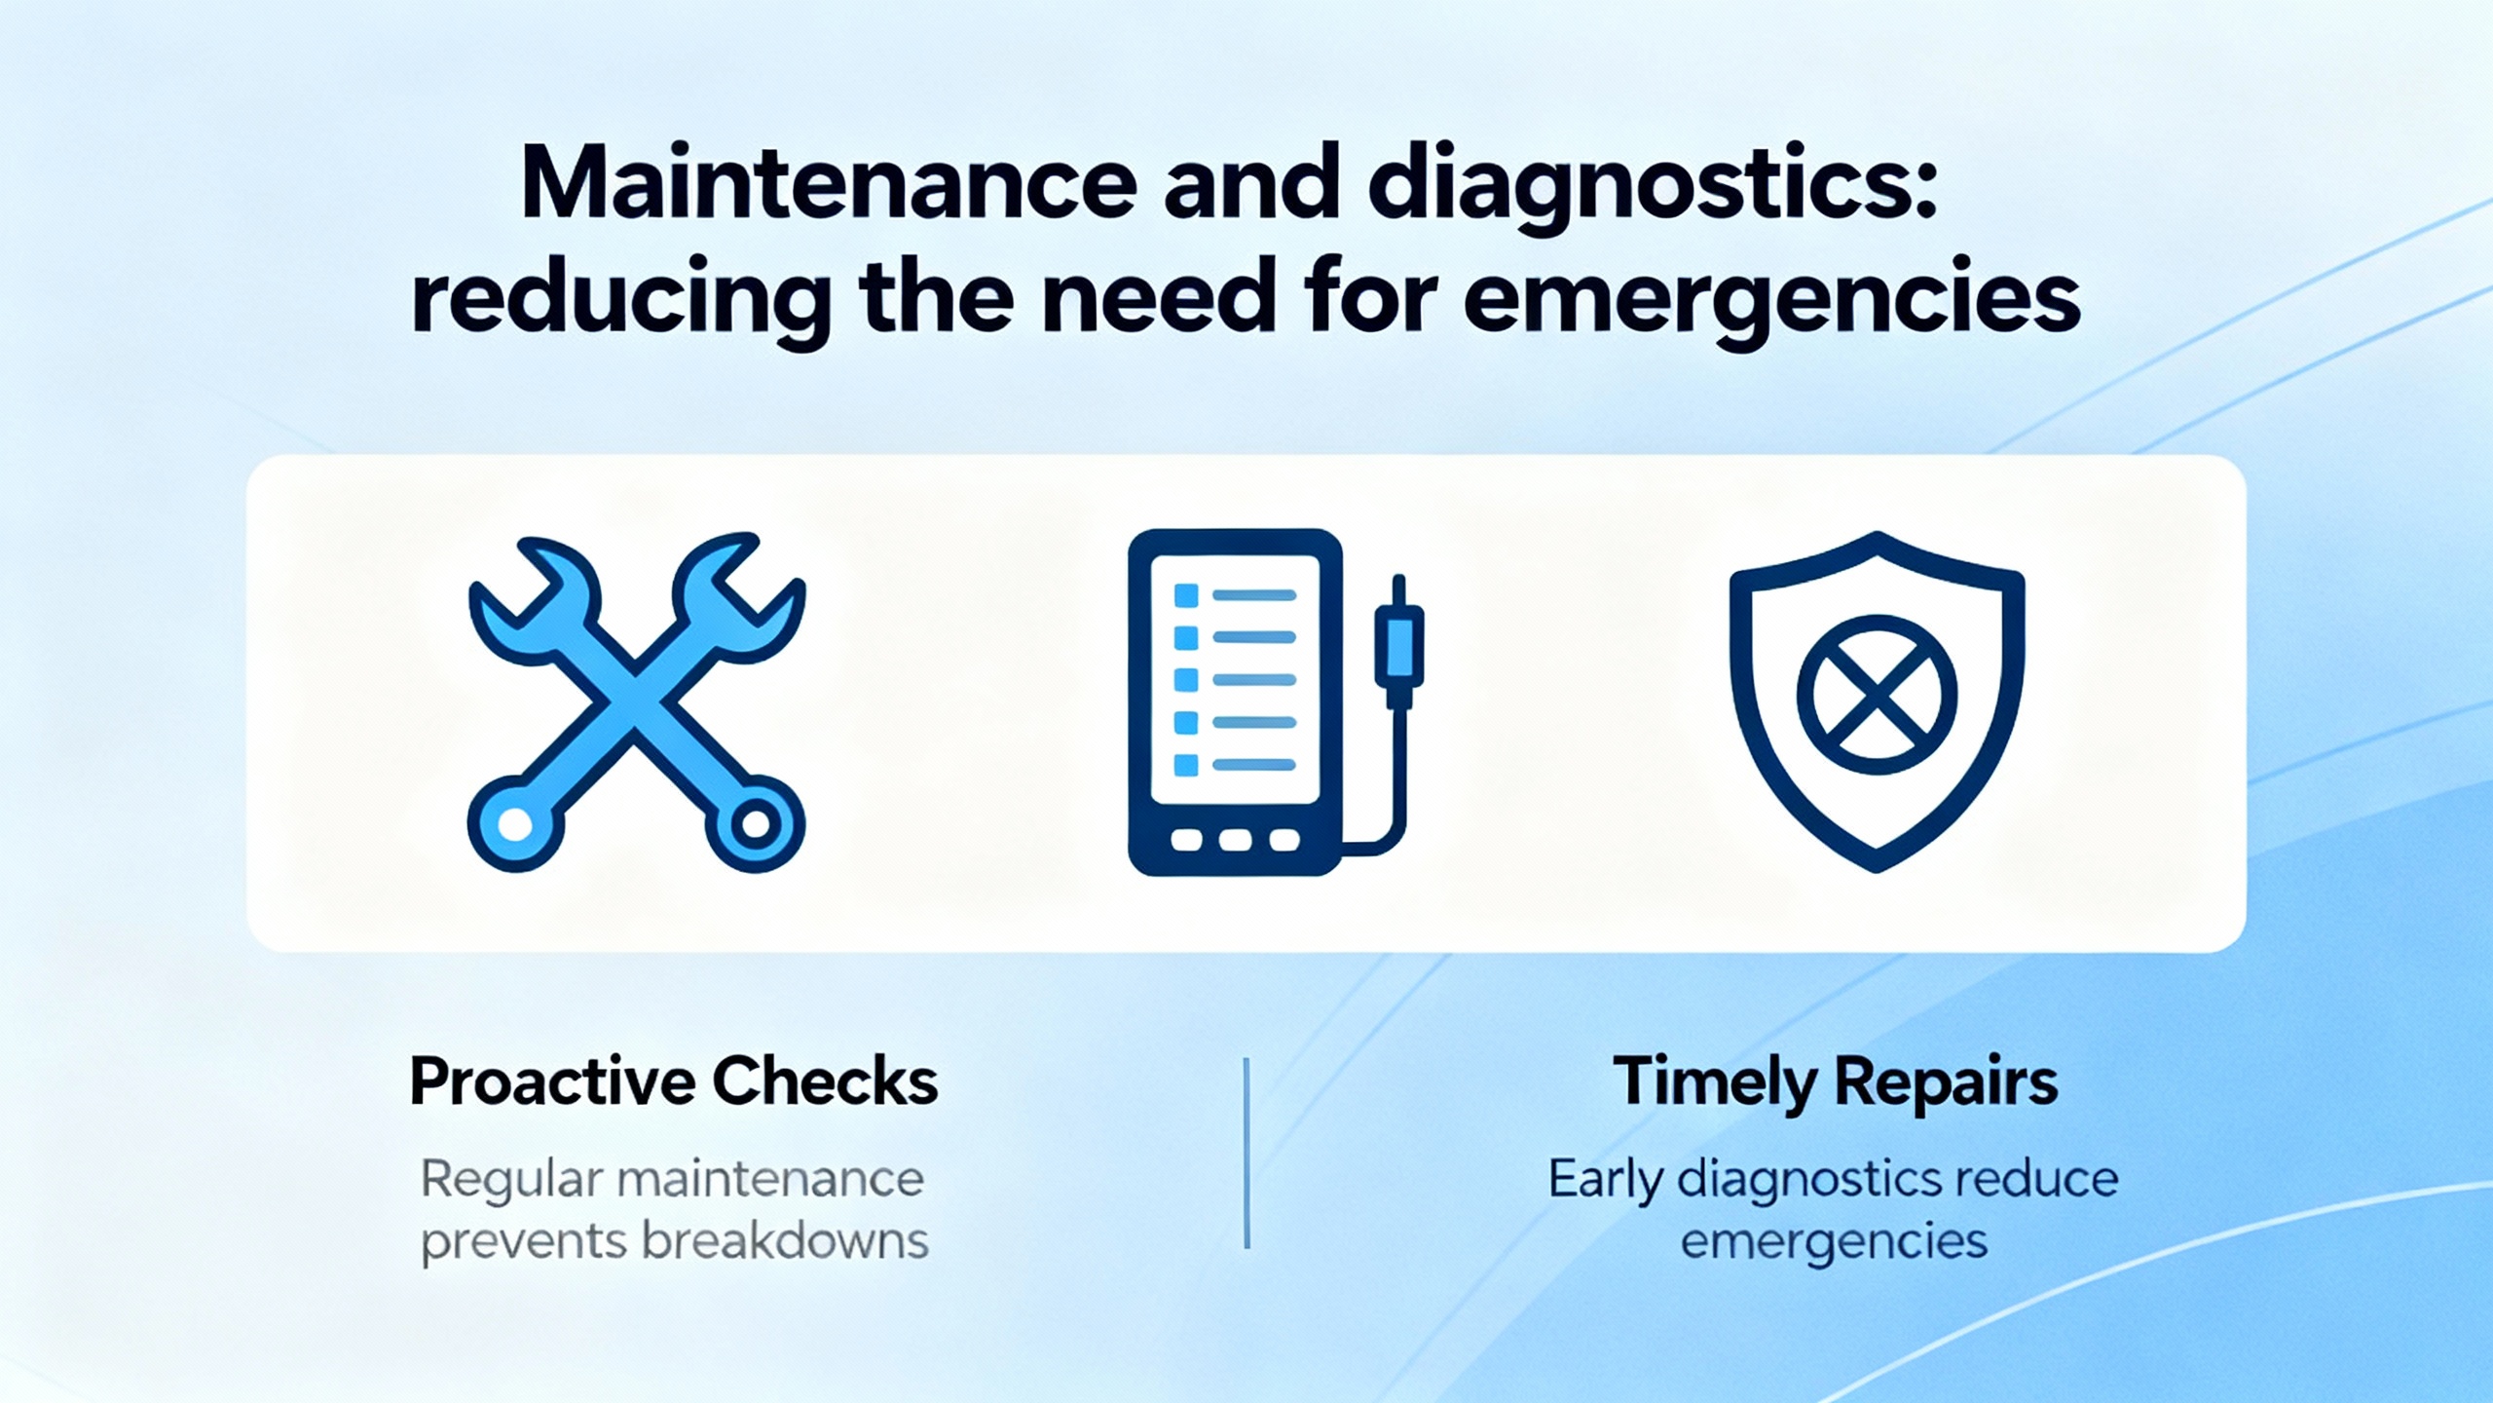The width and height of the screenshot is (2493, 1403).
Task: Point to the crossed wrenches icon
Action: (637, 701)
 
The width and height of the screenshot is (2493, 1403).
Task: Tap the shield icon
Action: (1877, 701)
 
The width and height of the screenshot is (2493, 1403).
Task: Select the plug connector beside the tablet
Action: (1399, 642)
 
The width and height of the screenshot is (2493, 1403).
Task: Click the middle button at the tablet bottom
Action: (1235, 840)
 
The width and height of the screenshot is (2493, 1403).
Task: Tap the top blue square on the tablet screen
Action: (1186, 595)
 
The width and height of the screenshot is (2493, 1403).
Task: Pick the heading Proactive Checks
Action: (674, 1081)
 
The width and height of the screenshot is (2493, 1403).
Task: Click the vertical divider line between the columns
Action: (1246, 1154)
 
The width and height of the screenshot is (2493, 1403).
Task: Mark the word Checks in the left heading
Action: (825, 1081)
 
